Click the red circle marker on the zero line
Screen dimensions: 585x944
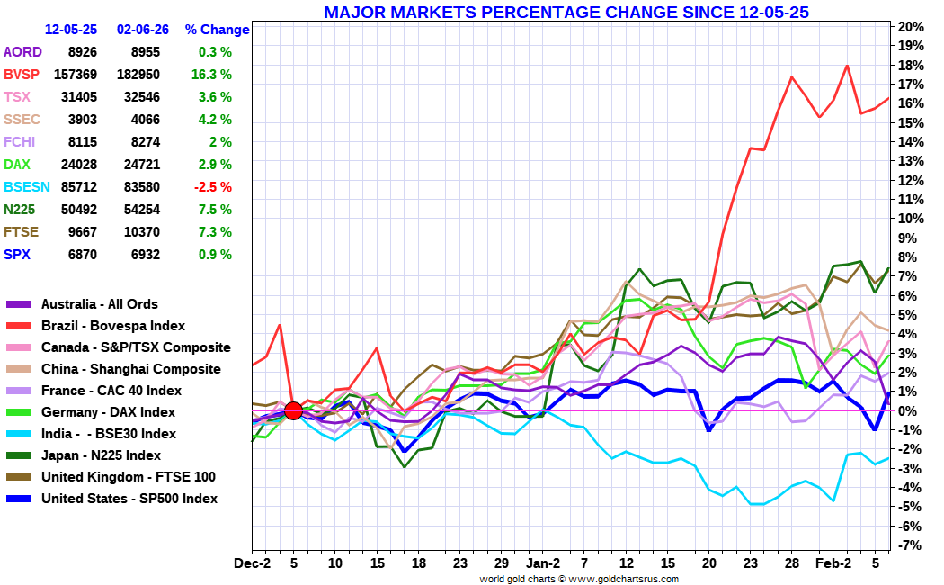click(x=292, y=410)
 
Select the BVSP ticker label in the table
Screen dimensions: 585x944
click(x=22, y=74)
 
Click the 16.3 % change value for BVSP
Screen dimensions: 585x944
click(x=211, y=74)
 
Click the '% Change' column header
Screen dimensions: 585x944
click(x=217, y=30)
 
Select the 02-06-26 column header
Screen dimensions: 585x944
click(x=142, y=30)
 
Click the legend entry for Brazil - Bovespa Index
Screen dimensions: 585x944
click(x=113, y=326)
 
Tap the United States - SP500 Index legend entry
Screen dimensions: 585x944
click(x=129, y=499)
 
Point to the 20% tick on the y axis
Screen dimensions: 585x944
click(x=912, y=26)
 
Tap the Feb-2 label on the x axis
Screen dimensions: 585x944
click(x=833, y=563)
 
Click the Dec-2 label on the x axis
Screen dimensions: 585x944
click(x=252, y=563)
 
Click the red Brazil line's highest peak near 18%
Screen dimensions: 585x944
click(x=847, y=66)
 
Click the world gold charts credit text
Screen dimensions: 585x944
click(x=579, y=579)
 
